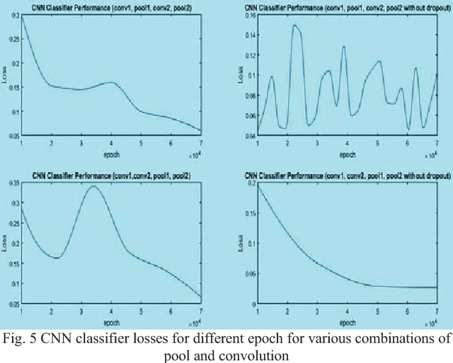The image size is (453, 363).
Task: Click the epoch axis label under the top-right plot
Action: tap(346, 154)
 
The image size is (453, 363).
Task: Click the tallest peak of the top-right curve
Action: tap(295, 25)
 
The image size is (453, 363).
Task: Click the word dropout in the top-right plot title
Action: tap(430, 7)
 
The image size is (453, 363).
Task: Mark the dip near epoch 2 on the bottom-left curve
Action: tap(57, 258)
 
